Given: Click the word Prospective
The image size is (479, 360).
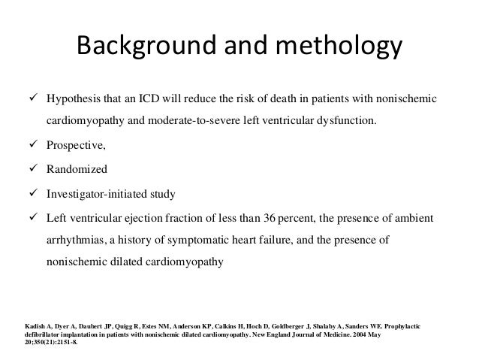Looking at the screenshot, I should [75, 146].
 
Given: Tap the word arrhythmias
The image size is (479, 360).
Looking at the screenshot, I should [74, 241].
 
